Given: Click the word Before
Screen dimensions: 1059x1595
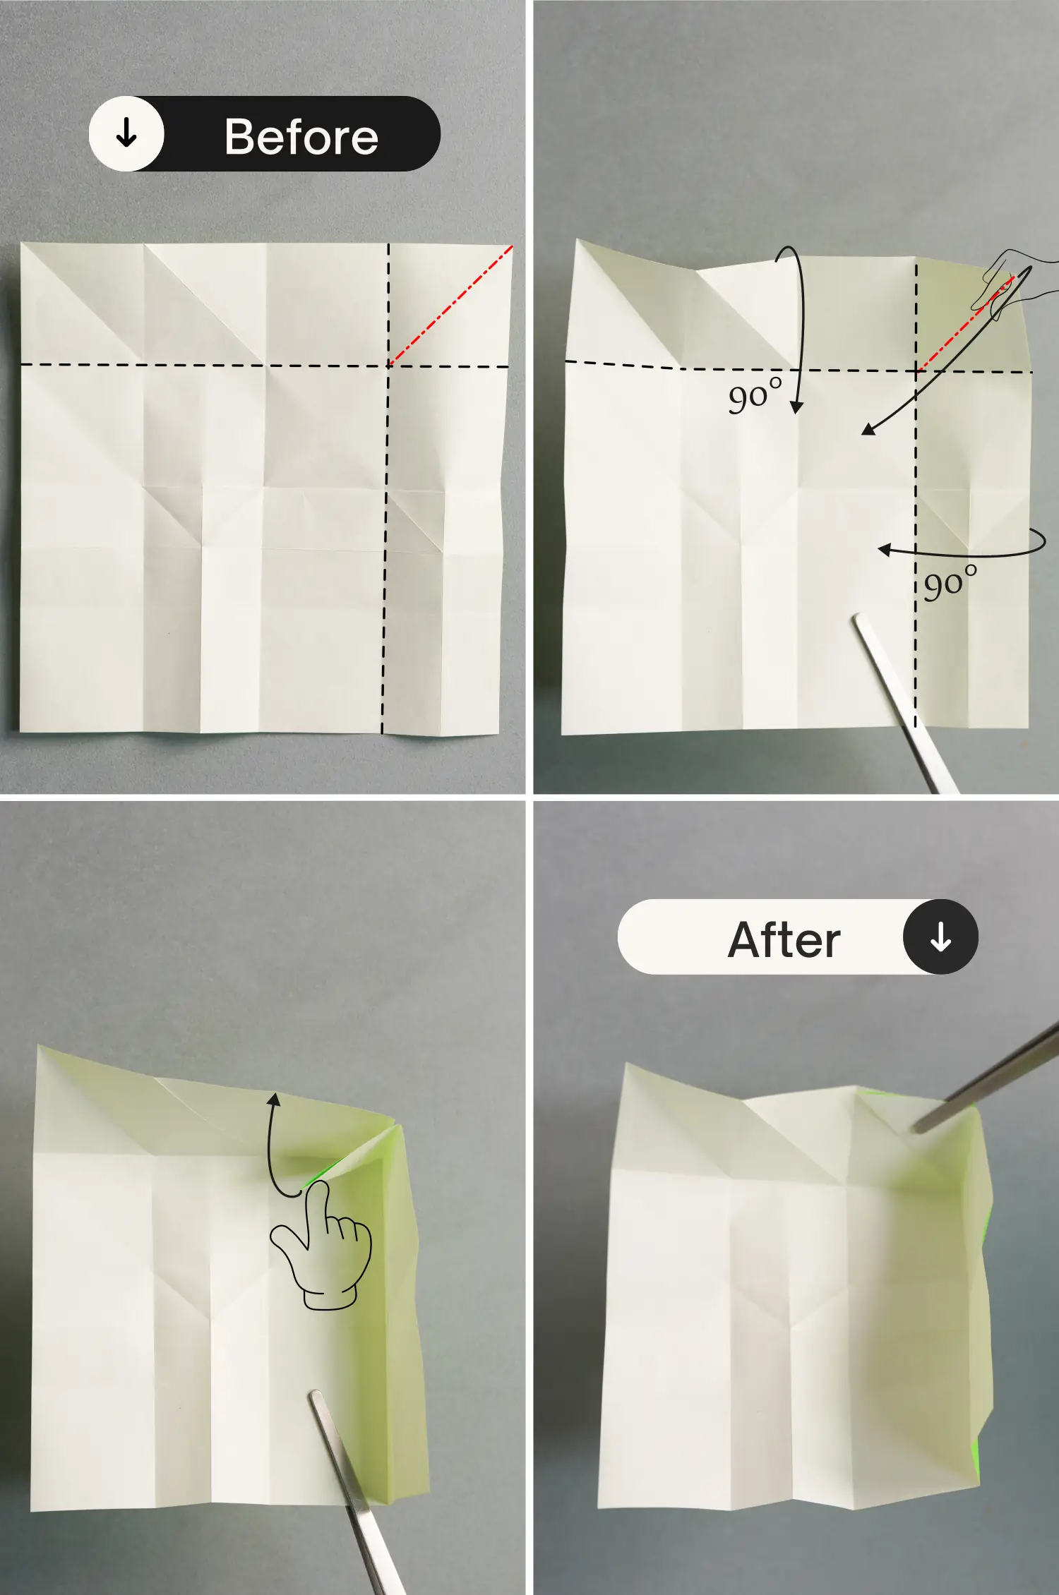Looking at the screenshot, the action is tap(301, 136).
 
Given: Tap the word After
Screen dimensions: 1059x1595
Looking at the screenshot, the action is tap(784, 939).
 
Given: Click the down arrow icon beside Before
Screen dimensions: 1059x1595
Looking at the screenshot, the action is tap(126, 133).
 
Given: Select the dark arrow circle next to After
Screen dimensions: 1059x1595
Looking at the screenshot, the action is tap(940, 937).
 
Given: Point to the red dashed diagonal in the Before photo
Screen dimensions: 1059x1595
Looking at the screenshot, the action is tap(451, 305).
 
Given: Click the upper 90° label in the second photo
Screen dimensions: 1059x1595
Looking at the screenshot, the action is tap(755, 395).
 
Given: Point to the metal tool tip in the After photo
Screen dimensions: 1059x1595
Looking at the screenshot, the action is tap(918, 1128).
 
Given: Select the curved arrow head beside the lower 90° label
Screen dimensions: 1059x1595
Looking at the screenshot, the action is tap(885, 549).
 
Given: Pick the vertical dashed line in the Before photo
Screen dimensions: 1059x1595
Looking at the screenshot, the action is tap(385, 488).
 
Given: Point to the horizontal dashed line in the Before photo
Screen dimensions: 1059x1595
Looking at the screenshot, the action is tap(265, 366).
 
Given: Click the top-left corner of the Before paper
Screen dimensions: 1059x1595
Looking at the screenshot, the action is tap(22, 243).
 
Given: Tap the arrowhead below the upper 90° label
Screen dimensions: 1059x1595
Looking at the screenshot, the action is tap(796, 407).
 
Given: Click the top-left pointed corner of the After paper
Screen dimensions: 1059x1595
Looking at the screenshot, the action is tap(625, 1064).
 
